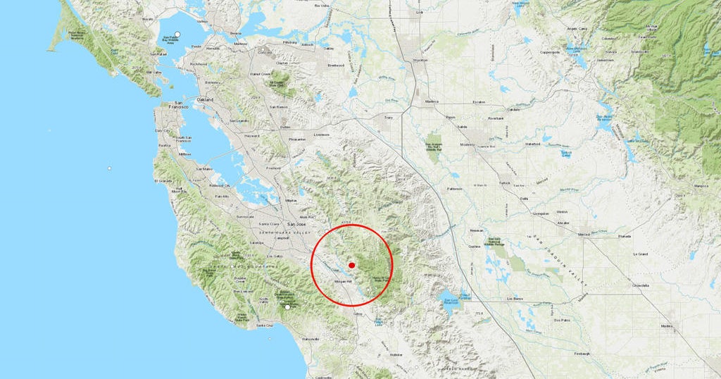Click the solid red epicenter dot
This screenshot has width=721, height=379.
(352, 266)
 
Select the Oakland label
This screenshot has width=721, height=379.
(205, 101)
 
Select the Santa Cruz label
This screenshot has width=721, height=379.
(265, 325)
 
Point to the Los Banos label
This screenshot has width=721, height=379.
(516, 299)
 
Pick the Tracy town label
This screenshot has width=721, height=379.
(388, 118)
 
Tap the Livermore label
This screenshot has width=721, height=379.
(321, 134)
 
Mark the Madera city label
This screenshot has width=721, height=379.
(667, 326)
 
